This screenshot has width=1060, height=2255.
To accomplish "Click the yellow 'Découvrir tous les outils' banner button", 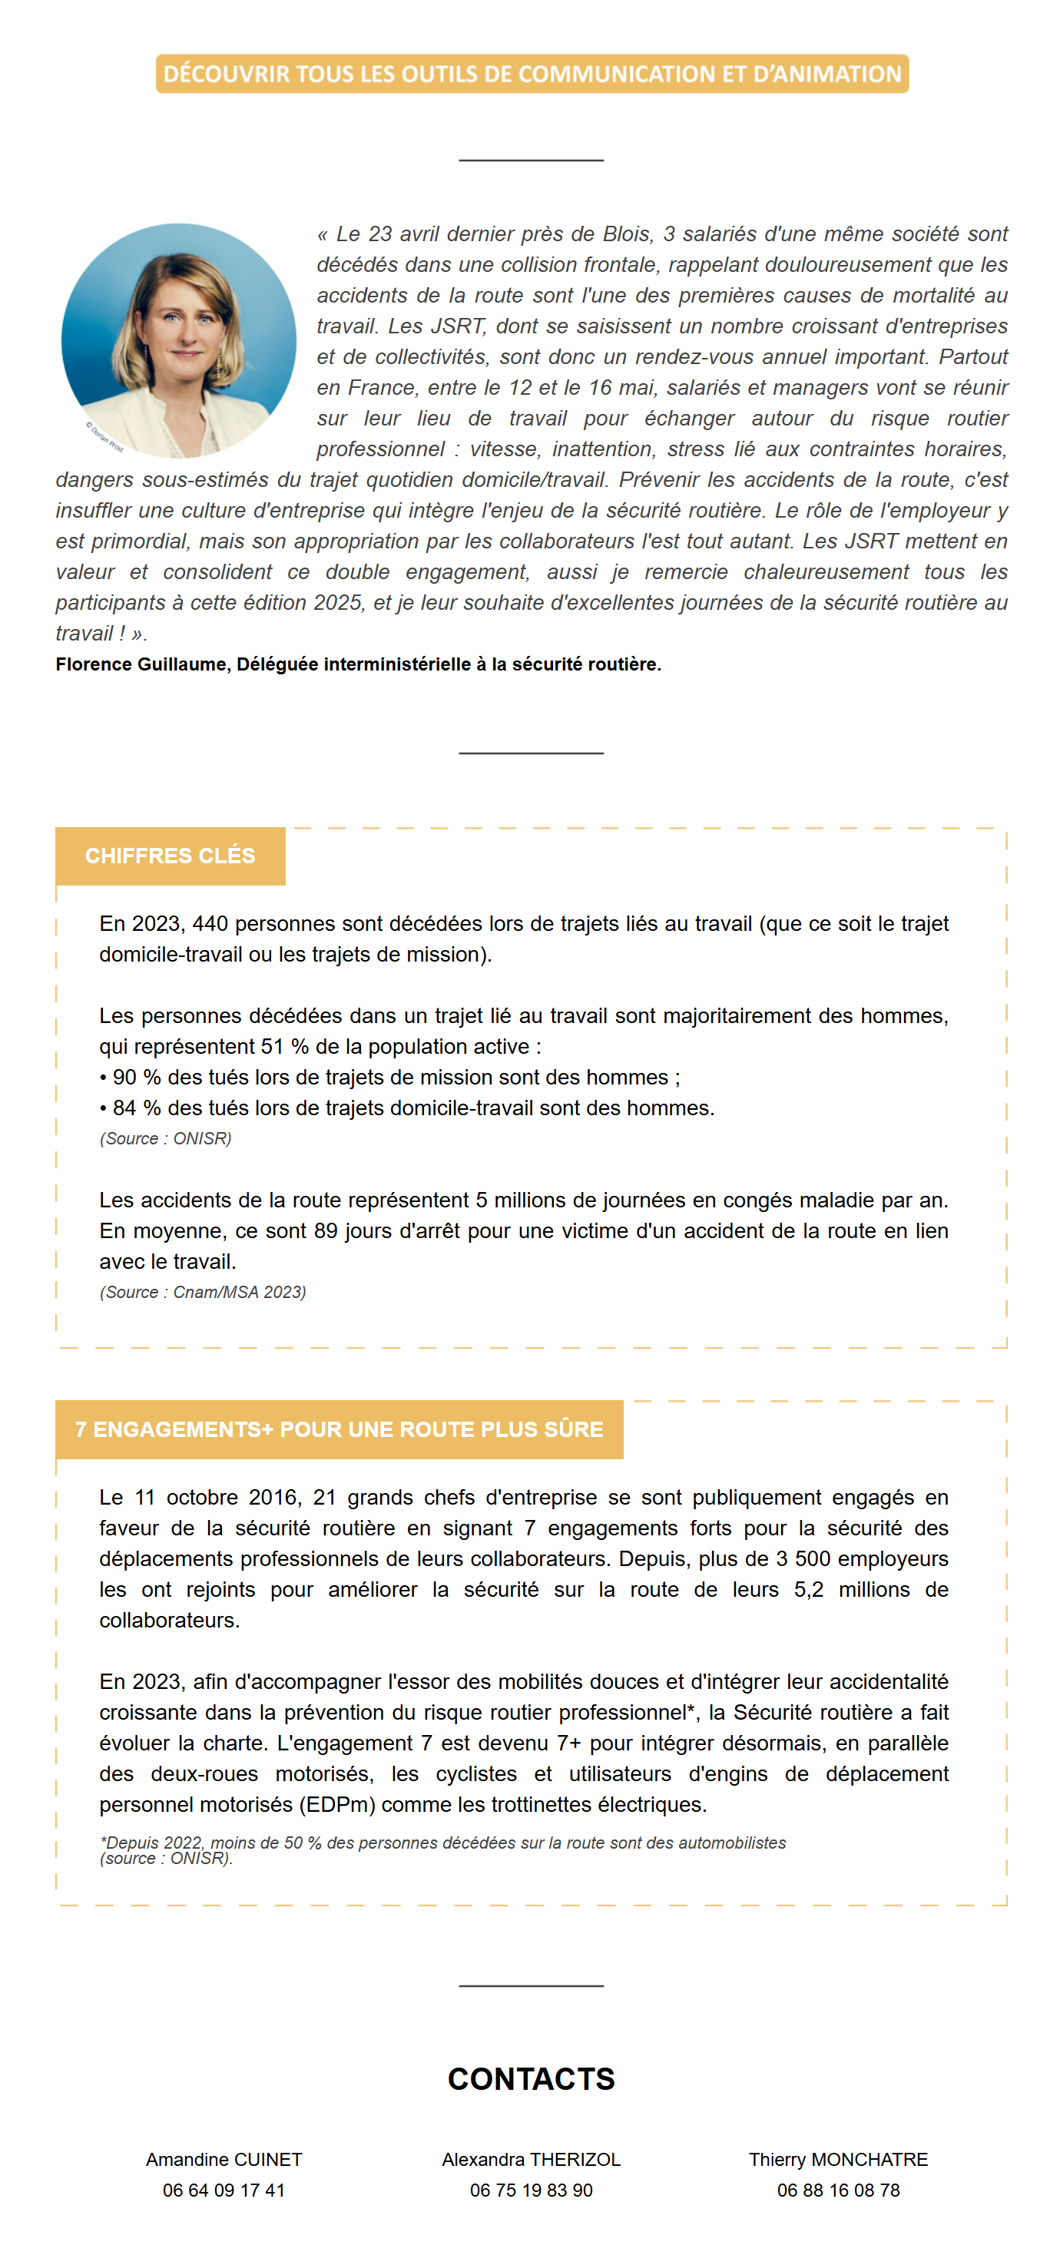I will point(532,74).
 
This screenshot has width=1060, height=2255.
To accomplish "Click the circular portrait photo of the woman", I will point(178,340).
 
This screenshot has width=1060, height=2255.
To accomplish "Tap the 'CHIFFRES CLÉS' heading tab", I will point(170,856).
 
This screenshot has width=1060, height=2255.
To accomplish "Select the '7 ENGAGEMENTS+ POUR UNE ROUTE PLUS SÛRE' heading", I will point(339,1429).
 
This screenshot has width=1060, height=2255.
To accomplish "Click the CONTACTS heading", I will point(531,2078).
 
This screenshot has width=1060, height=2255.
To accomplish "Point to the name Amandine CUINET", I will point(224,2159).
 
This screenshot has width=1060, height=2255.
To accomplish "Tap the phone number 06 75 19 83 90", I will point(531,2190).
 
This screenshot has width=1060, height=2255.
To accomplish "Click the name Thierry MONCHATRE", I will point(838,2159).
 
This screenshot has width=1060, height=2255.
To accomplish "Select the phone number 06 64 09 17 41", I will point(224,2190).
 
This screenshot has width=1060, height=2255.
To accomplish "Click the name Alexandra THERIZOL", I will point(531,2159).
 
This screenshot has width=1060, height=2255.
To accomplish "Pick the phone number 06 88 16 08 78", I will point(838,2190).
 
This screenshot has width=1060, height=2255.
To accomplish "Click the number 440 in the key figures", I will point(210,923).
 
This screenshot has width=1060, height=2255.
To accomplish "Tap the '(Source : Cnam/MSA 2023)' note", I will point(202,1292).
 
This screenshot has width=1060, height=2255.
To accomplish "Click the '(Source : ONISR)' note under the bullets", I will point(165,1138).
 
